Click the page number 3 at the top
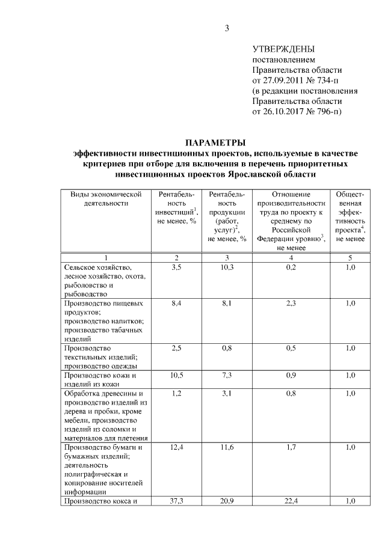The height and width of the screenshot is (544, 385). (227, 28)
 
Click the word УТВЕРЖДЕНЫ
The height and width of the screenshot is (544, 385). (283, 49)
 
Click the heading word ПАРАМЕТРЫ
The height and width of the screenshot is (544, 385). (215, 143)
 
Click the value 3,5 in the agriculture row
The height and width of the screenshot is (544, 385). (176, 267)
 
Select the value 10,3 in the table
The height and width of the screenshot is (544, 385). (227, 267)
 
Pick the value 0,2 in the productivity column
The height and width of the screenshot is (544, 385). (291, 267)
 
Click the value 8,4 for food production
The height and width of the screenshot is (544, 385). (176, 304)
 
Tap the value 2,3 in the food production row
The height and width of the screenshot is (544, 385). (291, 304)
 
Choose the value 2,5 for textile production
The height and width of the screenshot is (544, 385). (176, 348)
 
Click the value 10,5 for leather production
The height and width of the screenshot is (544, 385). (176, 376)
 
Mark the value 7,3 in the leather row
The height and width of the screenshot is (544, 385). (227, 376)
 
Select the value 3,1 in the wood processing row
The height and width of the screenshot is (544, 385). (227, 394)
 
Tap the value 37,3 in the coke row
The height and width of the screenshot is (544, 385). (176, 501)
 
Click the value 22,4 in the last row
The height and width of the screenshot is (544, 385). (291, 501)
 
